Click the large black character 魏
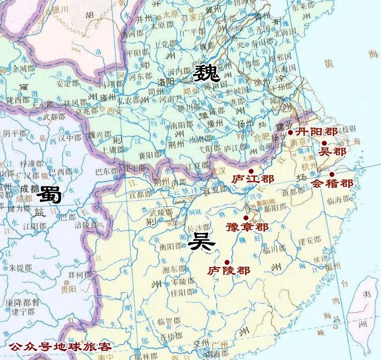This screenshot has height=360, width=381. point(206,73)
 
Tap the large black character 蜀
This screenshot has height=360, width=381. point(49,196)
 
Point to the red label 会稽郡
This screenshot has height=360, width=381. point(333,184)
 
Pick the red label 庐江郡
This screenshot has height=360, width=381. point(253,178)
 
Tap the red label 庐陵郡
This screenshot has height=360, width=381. point(229,270)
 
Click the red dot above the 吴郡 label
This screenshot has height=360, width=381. point(324,143)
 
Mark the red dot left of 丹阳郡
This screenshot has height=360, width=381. point(290,132)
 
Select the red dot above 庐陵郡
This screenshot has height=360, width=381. point(227,262)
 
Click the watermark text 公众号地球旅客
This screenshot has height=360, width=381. point(60,346)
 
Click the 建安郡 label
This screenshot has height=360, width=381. point(309,240)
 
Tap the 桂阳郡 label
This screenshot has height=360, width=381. point(182,291)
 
